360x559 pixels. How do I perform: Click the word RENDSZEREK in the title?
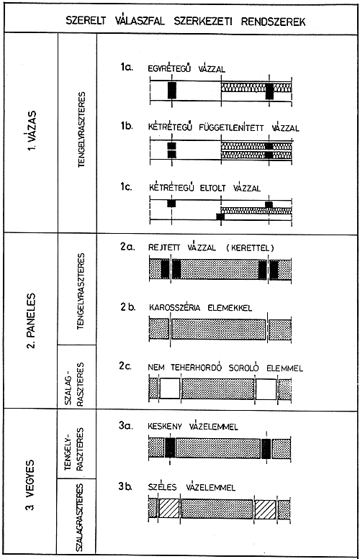(x=274, y=22)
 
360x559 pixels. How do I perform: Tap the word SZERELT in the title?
(x=86, y=21)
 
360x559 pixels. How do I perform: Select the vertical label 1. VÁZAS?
(x=32, y=131)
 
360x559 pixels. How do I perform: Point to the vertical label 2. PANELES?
(x=32, y=320)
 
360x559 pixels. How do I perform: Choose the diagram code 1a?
(x=126, y=67)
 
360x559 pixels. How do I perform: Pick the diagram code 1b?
(x=126, y=126)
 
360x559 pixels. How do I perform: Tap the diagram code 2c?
(x=125, y=366)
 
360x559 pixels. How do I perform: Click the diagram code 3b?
(x=125, y=486)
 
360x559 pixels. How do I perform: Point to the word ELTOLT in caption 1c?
(x=212, y=188)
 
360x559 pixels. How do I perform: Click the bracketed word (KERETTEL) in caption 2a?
(x=250, y=247)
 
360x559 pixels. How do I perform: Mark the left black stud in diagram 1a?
(x=172, y=91)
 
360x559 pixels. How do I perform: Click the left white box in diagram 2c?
(x=170, y=388)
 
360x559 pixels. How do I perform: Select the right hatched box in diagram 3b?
(x=265, y=509)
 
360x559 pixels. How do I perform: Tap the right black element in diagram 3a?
(x=266, y=448)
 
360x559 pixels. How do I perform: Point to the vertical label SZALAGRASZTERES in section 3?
(x=80, y=517)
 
